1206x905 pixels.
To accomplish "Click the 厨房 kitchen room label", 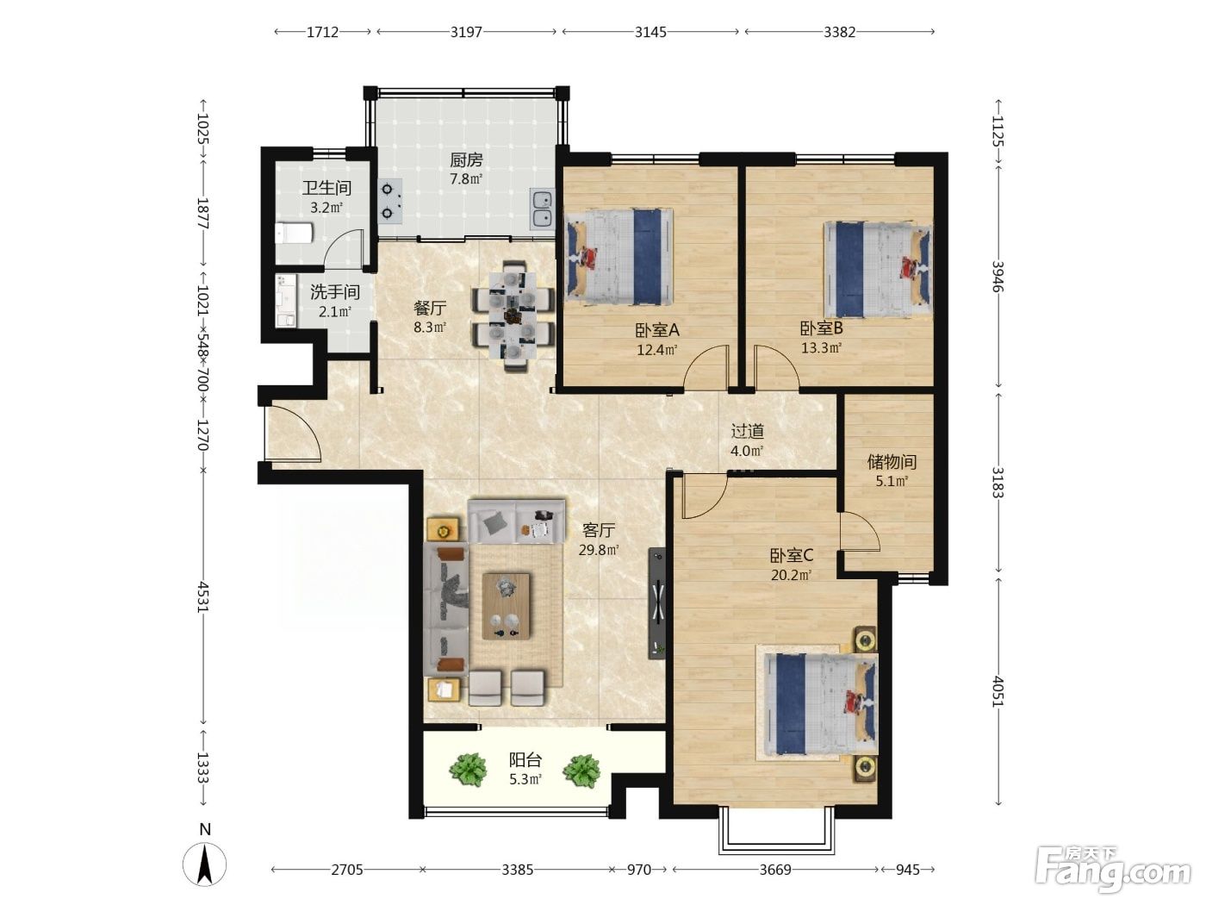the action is click(466, 160).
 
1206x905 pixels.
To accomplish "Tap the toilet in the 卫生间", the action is click(294, 233).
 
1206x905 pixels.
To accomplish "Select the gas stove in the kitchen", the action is click(389, 201).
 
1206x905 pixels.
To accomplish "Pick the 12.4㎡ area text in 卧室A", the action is click(656, 349).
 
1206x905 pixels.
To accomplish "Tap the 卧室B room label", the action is click(821, 328).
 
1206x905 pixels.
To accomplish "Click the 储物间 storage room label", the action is click(892, 462).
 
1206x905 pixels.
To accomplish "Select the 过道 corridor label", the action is click(747, 431).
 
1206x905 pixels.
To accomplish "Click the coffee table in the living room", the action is click(506, 606).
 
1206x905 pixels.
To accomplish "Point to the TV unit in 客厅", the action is click(657, 602).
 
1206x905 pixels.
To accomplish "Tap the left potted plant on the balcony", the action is click(468, 770).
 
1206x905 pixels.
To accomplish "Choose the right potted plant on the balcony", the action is click(581, 771).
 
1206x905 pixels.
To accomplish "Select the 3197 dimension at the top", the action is click(466, 32).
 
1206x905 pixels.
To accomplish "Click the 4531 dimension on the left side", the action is click(203, 596).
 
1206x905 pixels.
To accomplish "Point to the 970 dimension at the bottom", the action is click(639, 870).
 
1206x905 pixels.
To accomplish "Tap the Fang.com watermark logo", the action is click(1112, 871).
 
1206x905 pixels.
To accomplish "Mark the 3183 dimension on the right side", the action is click(998, 483).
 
